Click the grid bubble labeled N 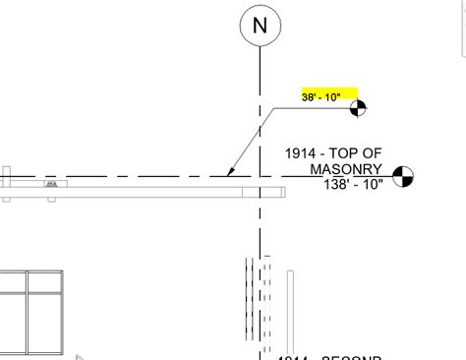click(260, 27)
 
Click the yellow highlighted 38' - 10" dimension click(329, 96)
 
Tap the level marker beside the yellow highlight click(356, 107)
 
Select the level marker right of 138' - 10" click(401, 177)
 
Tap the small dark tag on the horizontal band click(50, 184)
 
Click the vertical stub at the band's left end click(6, 184)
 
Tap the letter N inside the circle click(260, 27)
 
